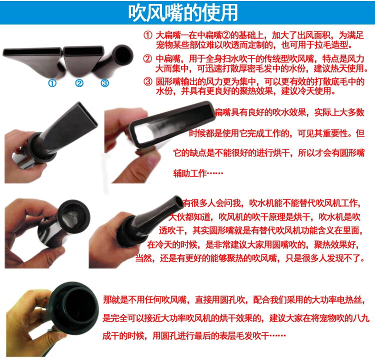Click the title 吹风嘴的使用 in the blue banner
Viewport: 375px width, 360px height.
pyautogui.click(x=182, y=12)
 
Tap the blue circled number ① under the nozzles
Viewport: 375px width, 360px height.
pyautogui.click(x=52, y=83)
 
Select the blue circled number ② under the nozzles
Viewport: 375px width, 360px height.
pyautogui.click(x=79, y=83)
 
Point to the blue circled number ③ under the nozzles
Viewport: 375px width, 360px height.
pyautogui.click(x=105, y=83)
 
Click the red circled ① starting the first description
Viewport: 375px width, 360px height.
pyautogui.click(x=148, y=35)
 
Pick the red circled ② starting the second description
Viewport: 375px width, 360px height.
pyautogui.click(x=147, y=58)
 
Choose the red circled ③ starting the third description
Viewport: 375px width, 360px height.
pyautogui.click(x=148, y=81)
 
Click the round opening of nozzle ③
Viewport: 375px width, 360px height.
pyautogui.click(x=122, y=54)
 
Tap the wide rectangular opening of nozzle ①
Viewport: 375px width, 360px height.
pyautogui.click(x=32, y=51)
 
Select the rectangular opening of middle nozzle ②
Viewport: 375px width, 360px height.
pyautogui.click(x=83, y=50)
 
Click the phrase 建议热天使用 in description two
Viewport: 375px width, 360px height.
pyautogui.click(x=339, y=68)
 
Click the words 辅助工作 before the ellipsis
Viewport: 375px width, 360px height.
pyautogui.click(x=190, y=173)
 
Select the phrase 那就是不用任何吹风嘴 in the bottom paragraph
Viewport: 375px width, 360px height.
pyautogui.click(x=144, y=299)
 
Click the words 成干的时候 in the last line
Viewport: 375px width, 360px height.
pyautogui.click(x=123, y=336)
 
